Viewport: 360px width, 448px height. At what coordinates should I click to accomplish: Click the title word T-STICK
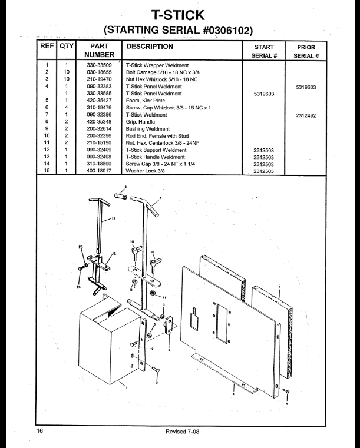(x=180, y=12)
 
